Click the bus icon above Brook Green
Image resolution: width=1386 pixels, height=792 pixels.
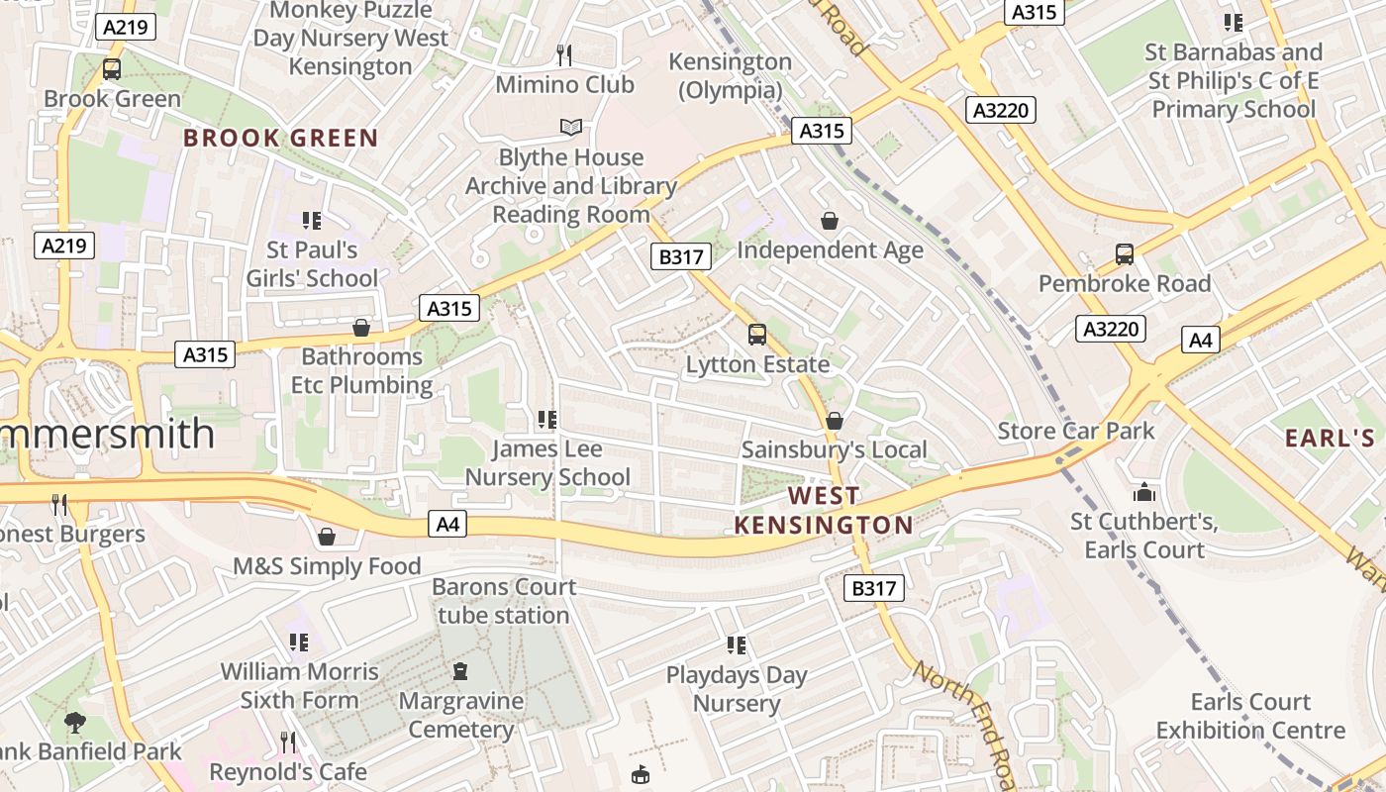[x=112, y=69]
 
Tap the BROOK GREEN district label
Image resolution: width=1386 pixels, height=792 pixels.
[x=281, y=138]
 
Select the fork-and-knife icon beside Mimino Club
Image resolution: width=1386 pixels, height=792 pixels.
[x=564, y=54]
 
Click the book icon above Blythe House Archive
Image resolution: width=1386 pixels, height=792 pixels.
[x=571, y=127]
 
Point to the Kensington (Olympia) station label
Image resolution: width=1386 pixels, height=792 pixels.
[x=731, y=75]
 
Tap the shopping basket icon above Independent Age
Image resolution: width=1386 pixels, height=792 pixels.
[x=830, y=220]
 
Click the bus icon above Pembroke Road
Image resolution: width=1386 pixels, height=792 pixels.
[x=1125, y=254]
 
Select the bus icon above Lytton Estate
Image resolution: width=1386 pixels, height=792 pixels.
[x=757, y=335]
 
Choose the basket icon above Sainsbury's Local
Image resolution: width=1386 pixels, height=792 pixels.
[x=835, y=421]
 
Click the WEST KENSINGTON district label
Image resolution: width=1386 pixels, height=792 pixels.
[x=824, y=510]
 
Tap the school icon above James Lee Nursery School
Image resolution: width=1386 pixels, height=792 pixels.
[x=546, y=420]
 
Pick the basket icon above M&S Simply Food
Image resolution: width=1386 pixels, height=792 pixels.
[x=327, y=537]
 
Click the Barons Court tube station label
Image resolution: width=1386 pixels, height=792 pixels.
[x=504, y=601]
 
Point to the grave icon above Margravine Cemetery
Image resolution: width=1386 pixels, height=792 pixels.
[x=460, y=672]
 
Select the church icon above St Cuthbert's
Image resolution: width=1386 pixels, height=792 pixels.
[x=1144, y=492]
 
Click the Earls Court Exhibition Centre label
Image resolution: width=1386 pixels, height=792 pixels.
[x=1250, y=716]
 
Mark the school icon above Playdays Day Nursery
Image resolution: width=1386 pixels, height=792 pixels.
[x=736, y=645]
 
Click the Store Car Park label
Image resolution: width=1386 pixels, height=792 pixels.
[x=1076, y=431]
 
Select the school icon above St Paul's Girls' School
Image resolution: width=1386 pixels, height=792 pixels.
[x=312, y=220]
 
